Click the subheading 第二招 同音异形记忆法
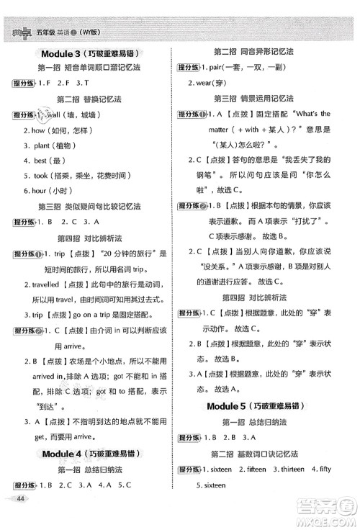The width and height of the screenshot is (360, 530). (254, 53)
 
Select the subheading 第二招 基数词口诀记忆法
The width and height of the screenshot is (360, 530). (254, 453)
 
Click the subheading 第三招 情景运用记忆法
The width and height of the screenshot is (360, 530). (254, 98)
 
